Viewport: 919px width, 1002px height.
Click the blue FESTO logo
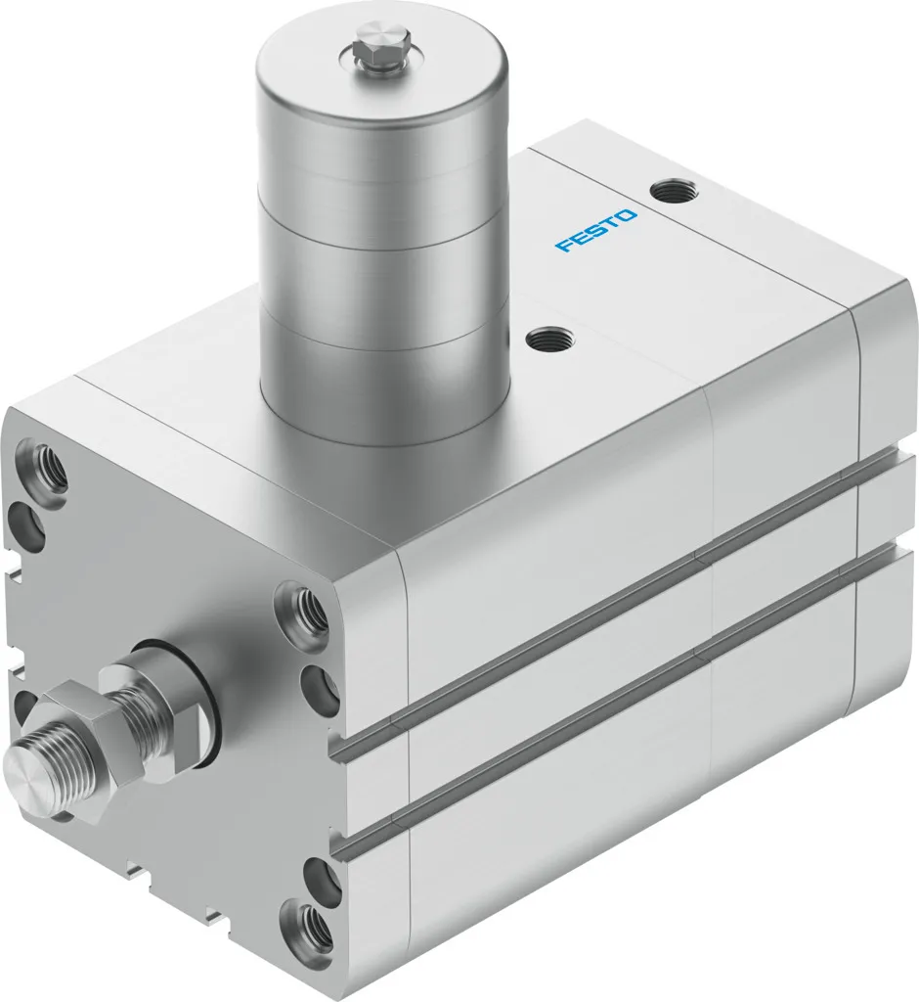[x=596, y=230]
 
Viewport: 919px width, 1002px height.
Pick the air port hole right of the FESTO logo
[x=670, y=188]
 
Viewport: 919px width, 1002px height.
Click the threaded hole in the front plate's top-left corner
[x=47, y=467]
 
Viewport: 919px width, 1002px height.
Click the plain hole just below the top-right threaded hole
[x=318, y=689]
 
